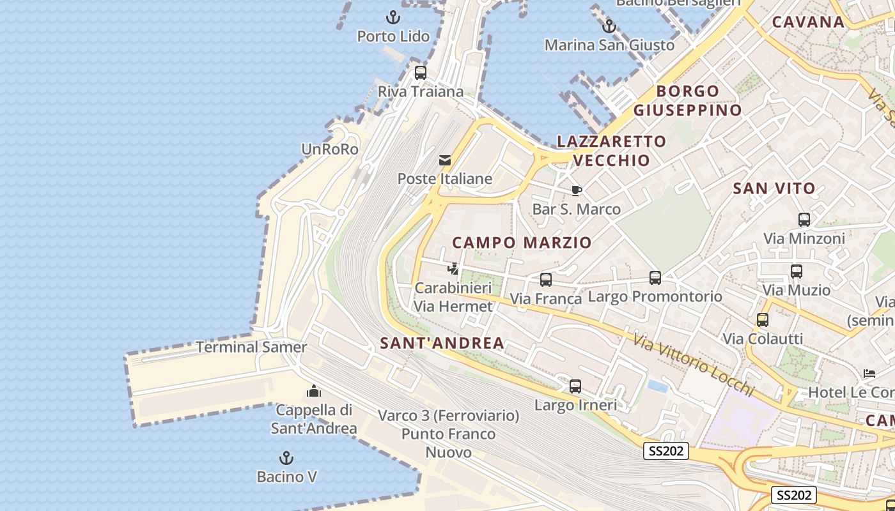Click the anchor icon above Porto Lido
(x=393, y=17)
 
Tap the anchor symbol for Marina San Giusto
(x=609, y=26)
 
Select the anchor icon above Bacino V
(x=286, y=458)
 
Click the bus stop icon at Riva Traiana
(x=420, y=73)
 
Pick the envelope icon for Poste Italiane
(x=445, y=160)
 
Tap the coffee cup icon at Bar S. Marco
(x=576, y=190)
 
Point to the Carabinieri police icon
(x=453, y=269)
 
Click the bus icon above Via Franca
(x=545, y=280)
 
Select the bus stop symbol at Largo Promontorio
(x=655, y=278)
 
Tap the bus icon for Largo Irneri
(x=575, y=386)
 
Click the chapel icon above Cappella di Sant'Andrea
(x=314, y=391)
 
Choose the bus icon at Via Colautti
(x=762, y=320)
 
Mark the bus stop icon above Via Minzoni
(x=804, y=220)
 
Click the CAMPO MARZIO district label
(x=522, y=243)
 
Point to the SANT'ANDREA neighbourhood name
(x=442, y=343)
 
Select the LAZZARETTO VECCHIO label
(x=612, y=151)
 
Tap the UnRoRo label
(x=330, y=149)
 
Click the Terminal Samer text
(x=251, y=347)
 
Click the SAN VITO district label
(x=774, y=188)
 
